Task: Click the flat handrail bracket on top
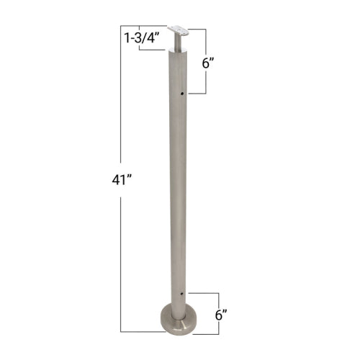point(181,31)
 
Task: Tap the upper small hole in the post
point(183,94)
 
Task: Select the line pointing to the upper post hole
point(197,94)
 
